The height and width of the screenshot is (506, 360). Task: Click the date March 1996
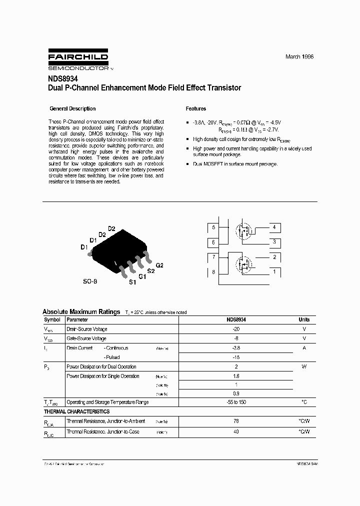299,57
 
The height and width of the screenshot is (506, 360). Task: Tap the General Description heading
72,108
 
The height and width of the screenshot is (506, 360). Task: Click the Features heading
196,108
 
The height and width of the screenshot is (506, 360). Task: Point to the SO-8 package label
90,281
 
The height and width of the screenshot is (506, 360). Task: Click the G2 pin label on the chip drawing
160,264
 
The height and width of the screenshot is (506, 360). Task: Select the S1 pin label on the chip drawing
132,282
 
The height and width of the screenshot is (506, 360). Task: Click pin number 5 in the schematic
213,227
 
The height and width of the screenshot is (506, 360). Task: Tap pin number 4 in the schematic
274,227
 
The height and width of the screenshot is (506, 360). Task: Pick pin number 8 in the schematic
213,272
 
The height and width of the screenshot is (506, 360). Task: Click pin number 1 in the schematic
274,272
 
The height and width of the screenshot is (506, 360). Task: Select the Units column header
304,319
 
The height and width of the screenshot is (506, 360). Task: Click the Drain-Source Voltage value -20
236,329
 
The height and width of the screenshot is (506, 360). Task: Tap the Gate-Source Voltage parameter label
86,339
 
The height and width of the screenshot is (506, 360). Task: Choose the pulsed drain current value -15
236,357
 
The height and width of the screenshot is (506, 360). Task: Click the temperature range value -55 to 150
236,402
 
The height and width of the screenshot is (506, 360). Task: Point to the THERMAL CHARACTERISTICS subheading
77,411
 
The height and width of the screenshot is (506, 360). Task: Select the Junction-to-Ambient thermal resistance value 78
236,421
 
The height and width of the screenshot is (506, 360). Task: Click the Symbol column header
52,319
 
